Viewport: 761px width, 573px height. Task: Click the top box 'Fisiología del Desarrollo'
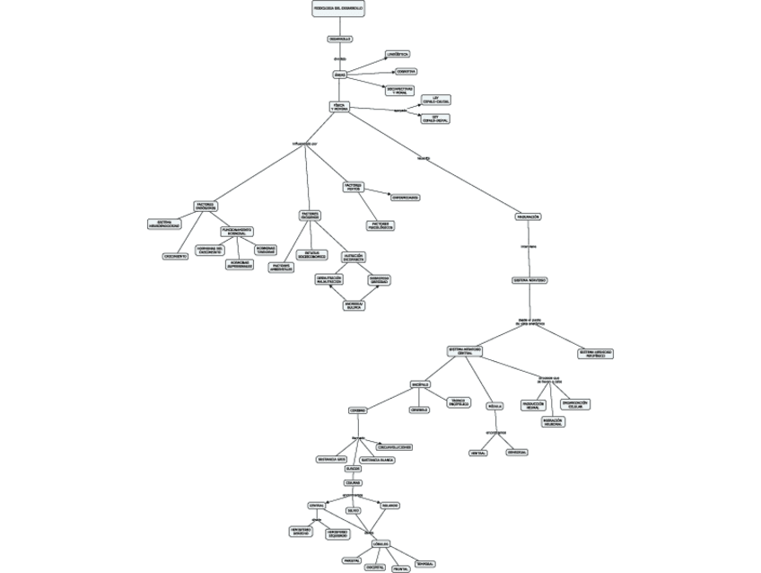[x=338, y=8]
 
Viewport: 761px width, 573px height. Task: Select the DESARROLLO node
[x=339, y=39]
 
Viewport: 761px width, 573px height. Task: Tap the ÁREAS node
[x=339, y=75]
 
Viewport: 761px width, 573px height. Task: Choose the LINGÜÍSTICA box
[x=397, y=55]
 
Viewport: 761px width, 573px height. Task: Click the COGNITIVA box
[x=405, y=71]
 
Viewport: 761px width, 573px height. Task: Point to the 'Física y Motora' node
[x=339, y=106]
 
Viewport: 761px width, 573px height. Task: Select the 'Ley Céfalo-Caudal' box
[x=435, y=100]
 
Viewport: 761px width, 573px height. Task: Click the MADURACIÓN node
[x=528, y=217]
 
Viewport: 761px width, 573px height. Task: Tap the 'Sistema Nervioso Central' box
[x=464, y=351]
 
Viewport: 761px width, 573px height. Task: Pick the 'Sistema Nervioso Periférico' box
[x=595, y=354]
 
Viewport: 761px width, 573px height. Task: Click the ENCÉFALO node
[x=420, y=384]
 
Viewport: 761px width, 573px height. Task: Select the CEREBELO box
[x=419, y=410]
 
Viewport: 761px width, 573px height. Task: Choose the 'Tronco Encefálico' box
[x=458, y=403]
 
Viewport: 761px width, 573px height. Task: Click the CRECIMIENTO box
[x=175, y=256]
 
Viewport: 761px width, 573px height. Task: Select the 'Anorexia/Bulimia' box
[x=354, y=305]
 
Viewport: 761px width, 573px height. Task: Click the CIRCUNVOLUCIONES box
[x=394, y=446]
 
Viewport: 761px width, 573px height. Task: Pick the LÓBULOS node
[x=380, y=544]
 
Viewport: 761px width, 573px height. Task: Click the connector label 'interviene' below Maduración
[x=529, y=245]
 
